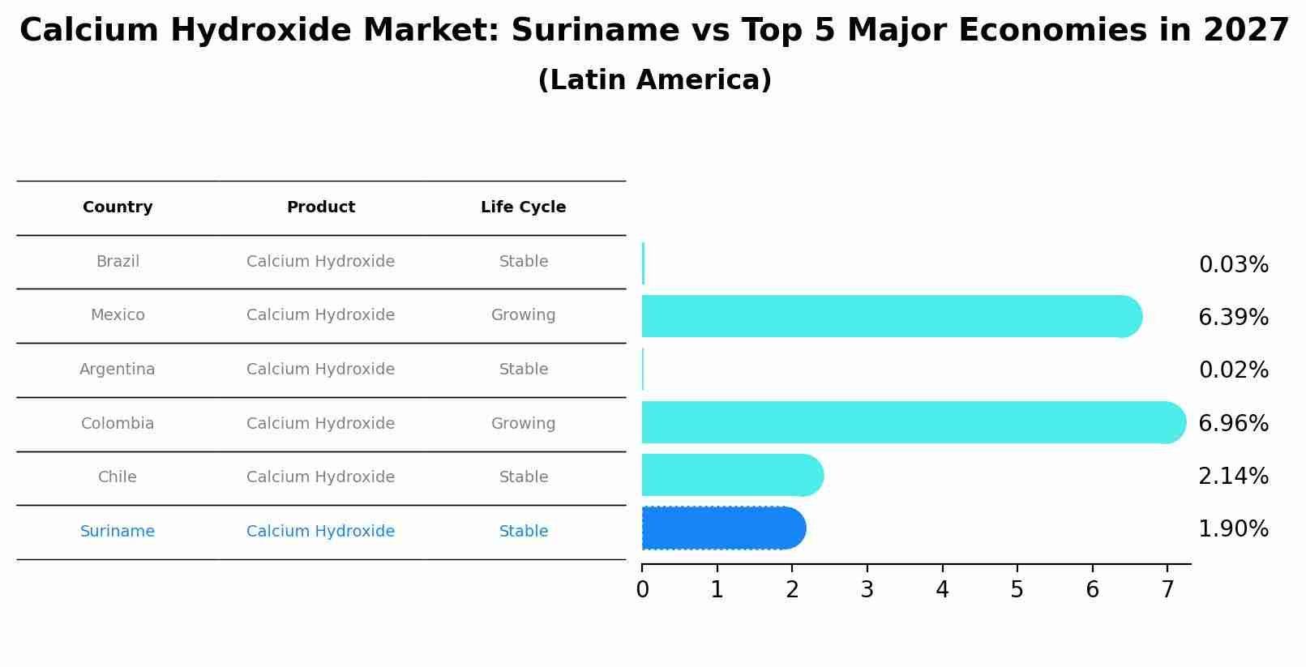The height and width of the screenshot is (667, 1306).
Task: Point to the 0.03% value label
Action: coord(1233,265)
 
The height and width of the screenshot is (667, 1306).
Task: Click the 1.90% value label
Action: coord(1233,529)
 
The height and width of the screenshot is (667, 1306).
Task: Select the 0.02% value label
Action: coord(1233,370)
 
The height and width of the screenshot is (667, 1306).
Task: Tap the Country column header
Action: coord(118,207)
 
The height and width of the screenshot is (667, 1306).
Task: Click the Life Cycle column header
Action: coord(523,207)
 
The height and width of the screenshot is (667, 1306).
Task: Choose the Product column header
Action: coord(321,207)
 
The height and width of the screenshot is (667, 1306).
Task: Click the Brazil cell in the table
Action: coord(118,262)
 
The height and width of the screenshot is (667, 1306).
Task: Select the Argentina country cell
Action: coord(118,370)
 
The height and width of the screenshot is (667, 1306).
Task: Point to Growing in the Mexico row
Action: coord(523,315)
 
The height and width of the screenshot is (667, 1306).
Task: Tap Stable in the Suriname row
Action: coord(523,532)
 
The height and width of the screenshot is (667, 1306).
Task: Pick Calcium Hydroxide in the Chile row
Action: coord(321,477)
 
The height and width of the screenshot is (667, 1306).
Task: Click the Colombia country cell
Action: coord(118,424)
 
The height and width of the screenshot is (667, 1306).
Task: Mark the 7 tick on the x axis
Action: coord(1167,590)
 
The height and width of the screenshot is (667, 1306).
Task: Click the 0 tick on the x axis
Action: coord(642,590)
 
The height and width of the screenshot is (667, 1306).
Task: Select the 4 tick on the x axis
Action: coord(942,590)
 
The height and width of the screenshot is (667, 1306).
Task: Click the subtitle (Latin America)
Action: coord(654,80)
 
